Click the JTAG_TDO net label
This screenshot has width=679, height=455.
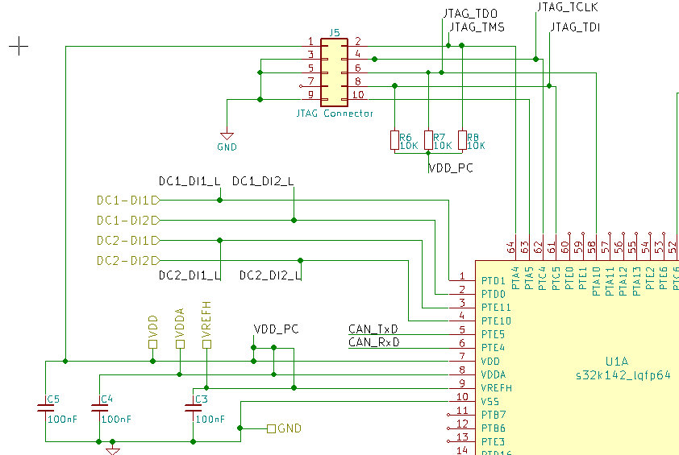click(x=470, y=14)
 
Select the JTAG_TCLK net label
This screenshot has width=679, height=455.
click(x=567, y=7)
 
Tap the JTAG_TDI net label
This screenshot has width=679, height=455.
click(x=575, y=27)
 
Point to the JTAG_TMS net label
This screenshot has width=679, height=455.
click(x=477, y=27)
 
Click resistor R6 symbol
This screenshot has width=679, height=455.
click(x=394, y=140)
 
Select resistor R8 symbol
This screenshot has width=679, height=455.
click(x=462, y=140)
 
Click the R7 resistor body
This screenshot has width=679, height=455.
click(x=428, y=140)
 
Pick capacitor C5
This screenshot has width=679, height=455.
click(x=46, y=408)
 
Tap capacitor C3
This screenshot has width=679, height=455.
click(x=194, y=408)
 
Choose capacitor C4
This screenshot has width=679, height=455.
click(x=99, y=408)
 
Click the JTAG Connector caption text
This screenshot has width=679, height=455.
click(x=335, y=114)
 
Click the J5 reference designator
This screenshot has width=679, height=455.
click(x=335, y=33)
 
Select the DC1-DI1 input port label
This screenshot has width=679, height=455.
click(x=123, y=200)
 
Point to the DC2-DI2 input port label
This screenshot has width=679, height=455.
click(x=123, y=260)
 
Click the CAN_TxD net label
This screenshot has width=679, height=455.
click(x=373, y=329)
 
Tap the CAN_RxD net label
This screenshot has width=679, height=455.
click(x=373, y=342)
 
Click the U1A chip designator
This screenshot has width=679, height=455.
click(x=616, y=362)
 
